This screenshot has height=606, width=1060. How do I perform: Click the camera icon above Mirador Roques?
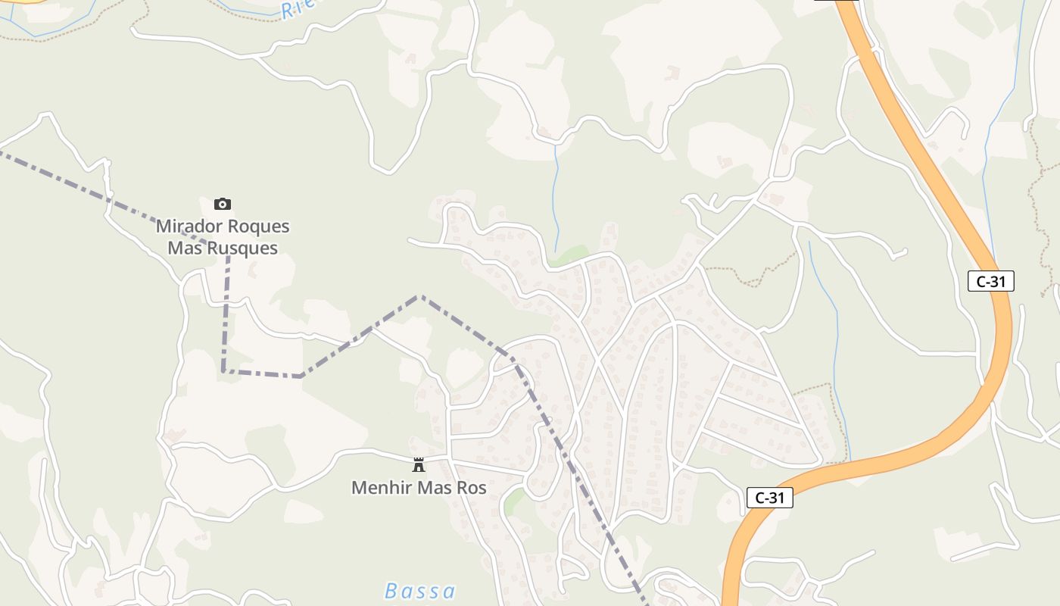pyautogui.click(x=222, y=204)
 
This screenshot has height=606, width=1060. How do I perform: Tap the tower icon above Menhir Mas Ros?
pyautogui.click(x=418, y=464)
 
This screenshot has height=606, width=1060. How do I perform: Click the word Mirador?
pyautogui.click(x=189, y=226)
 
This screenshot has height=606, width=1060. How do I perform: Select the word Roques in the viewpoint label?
pyautogui.click(x=258, y=226)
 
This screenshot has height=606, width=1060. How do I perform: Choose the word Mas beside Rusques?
pyautogui.click(x=186, y=248)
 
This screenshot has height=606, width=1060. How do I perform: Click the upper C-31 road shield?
pyautogui.click(x=990, y=282)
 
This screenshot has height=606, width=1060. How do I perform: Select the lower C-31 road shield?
pyautogui.click(x=769, y=498)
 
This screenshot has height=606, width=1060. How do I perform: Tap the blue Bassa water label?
pyautogui.click(x=420, y=591)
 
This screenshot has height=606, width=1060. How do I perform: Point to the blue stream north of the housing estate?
pyautogui.click(x=556, y=197)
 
